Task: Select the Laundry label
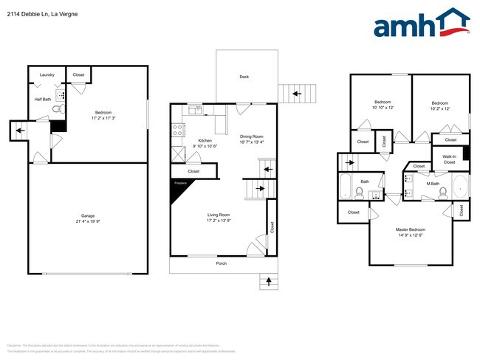point(47,75)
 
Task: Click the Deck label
point(244,77)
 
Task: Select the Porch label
point(221,263)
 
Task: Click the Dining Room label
point(251,136)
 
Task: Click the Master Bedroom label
point(411,229)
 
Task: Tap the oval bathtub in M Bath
point(459,188)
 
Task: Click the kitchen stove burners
point(178,130)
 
